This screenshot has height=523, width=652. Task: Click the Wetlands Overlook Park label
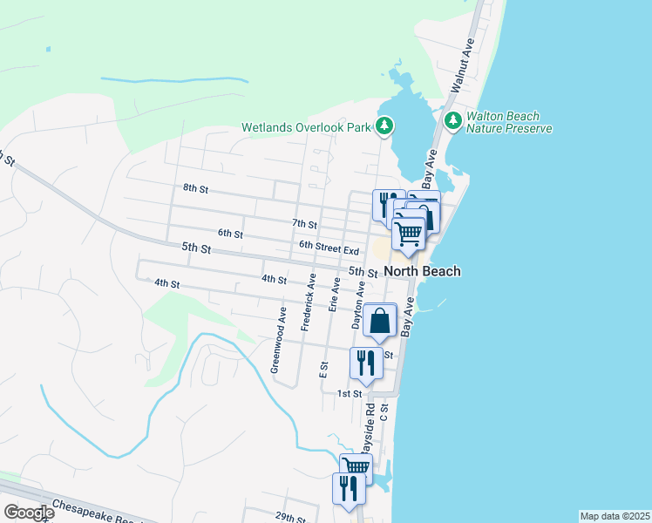(307, 128)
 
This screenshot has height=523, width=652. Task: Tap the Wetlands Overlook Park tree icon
(384, 127)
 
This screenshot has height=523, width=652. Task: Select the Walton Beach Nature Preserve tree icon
(452, 120)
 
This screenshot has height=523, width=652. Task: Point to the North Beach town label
(422, 271)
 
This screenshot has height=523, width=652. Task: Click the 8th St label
(195, 188)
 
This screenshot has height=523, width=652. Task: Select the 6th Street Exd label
(329, 249)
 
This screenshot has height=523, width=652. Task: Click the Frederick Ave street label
(308, 302)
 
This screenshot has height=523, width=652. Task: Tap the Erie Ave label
(334, 295)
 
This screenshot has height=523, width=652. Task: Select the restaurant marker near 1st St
(365, 362)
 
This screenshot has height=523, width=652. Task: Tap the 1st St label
(350, 394)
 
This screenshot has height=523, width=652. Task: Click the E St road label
(323, 370)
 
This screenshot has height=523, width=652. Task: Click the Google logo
(29, 513)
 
